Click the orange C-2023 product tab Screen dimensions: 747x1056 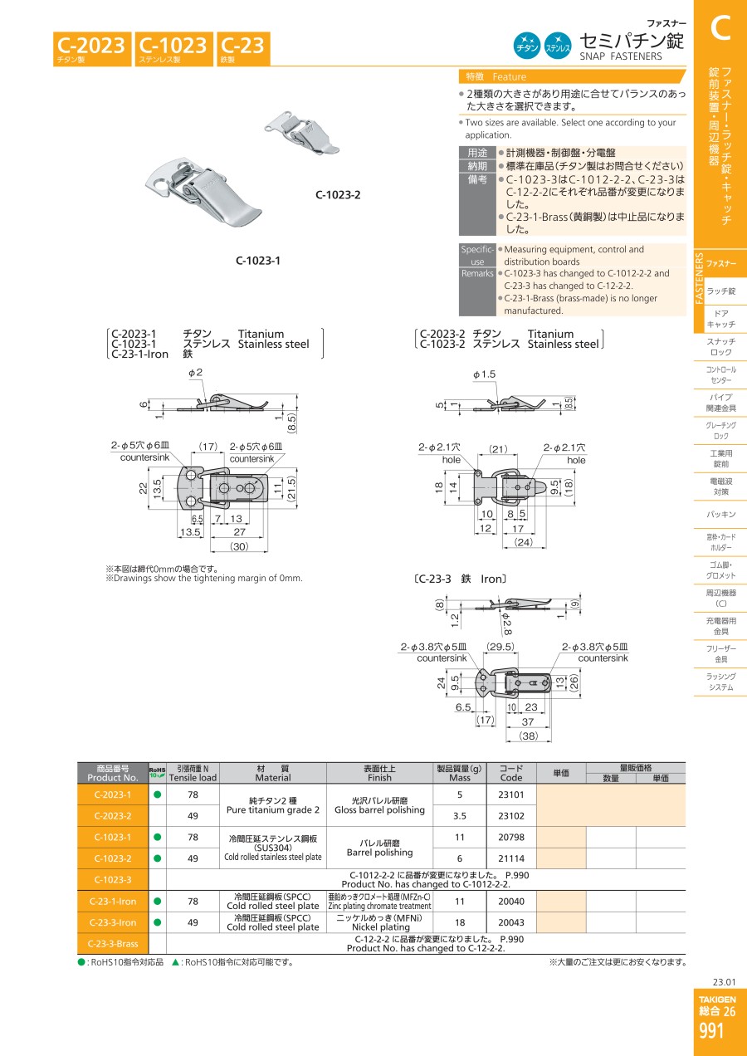(x=92, y=49)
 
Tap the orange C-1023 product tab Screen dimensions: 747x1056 (x=174, y=49)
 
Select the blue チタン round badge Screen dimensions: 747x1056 (x=527, y=46)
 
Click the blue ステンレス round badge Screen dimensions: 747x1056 (x=558, y=46)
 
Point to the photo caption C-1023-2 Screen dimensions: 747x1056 (x=338, y=195)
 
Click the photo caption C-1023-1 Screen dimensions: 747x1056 (x=258, y=260)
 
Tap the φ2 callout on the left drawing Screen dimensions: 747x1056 (x=195, y=373)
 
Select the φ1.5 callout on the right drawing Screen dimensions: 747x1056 (x=485, y=374)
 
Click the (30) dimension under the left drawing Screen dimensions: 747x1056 (x=239, y=546)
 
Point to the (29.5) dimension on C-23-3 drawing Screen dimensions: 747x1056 (x=500, y=647)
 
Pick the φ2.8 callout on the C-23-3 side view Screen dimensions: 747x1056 (x=506, y=623)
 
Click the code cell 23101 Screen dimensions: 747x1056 (x=511, y=794)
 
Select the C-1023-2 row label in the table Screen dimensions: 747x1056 (x=113, y=858)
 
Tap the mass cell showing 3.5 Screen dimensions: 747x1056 (x=460, y=815)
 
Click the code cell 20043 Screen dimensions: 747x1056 (x=511, y=922)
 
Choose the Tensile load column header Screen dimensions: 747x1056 (x=193, y=773)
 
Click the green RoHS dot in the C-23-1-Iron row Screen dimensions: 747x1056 (x=158, y=901)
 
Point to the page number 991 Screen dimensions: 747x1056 (x=711, y=1030)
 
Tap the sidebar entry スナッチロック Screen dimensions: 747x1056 (x=720, y=346)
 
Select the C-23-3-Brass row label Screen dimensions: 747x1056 (x=113, y=943)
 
